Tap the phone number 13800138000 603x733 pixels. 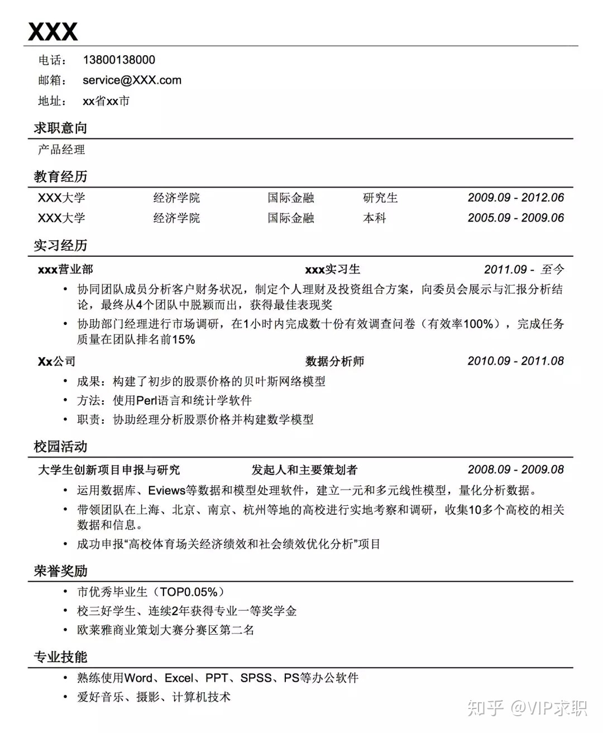click(119, 60)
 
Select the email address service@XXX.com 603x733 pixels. click(132, 80)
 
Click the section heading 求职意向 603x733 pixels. click(60, 128)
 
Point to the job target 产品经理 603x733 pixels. click(61, 150)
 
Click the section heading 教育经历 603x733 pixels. click(60, 177)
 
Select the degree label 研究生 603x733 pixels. click(380, 198)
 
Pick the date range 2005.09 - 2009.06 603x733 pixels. click(515, 218)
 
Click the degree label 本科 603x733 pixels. click(375, 218)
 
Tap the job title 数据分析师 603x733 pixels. click(334, 361)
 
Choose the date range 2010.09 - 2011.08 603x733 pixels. click(515, 361)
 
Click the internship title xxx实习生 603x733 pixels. click(332, 270)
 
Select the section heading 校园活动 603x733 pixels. click(60, 447)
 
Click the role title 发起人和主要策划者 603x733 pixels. click(304, 470)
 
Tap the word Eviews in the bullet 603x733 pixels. click(166, 491)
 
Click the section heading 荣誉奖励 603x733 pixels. click(60, 571)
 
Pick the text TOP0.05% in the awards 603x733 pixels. click(189, 592)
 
